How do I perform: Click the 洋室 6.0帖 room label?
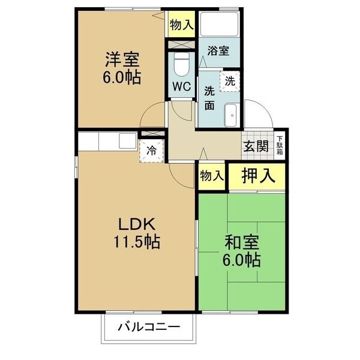click(x=122, y=68)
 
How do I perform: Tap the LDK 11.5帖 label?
click(x=137, y=233)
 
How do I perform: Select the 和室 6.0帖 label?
click(x=242, y=251)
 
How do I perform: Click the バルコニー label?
click(x=149, y=327)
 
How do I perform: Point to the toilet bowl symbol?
click(x=182, y=65)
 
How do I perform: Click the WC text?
click(x=181, y=86)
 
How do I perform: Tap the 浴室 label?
click(x=218, y=51)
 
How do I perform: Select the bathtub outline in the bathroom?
click(x=219, y=25)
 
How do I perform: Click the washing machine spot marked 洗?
click(x=230, y=81)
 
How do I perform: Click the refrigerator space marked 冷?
click(x=152, y=151)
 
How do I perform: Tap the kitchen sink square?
click(x=128, y=140)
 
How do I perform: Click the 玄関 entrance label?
click(x=256, y=146)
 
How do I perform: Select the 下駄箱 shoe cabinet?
click(x=280, y=146)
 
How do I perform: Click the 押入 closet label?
click(x=258, y=176)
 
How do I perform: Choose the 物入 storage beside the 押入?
click(x=211, y=176)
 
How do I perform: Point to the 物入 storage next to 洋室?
click(x=182, y=24)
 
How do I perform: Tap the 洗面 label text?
click(x=209, y=98)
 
